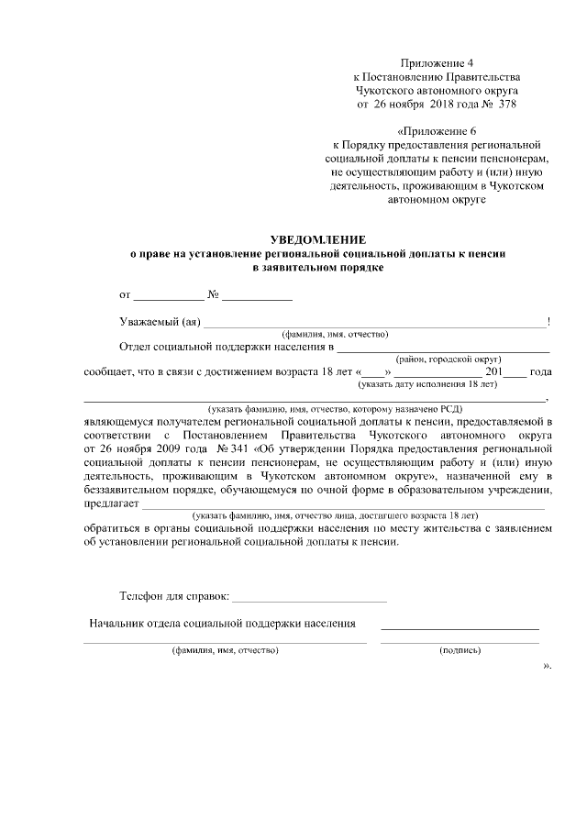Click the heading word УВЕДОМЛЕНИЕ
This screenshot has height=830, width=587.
coord(316,238)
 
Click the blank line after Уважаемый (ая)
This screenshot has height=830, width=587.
coord(374,324)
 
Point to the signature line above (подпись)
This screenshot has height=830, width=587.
coord(460,628)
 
